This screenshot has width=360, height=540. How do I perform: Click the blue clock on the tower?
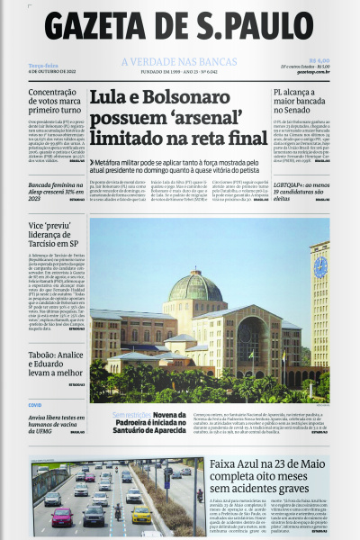tap(320, 266)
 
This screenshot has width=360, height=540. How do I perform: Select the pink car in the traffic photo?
tap(62, 517)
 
